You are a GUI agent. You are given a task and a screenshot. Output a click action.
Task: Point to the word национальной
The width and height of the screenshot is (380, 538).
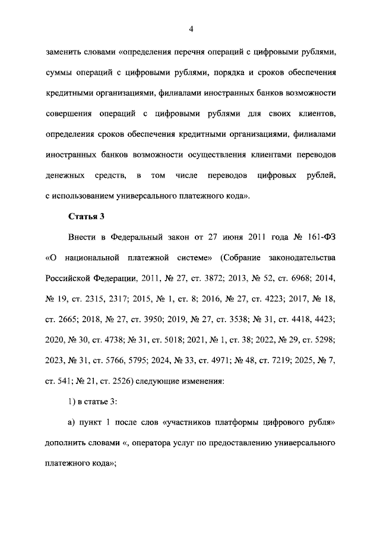90,257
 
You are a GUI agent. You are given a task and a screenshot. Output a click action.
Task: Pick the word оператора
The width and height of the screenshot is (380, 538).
138,443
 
